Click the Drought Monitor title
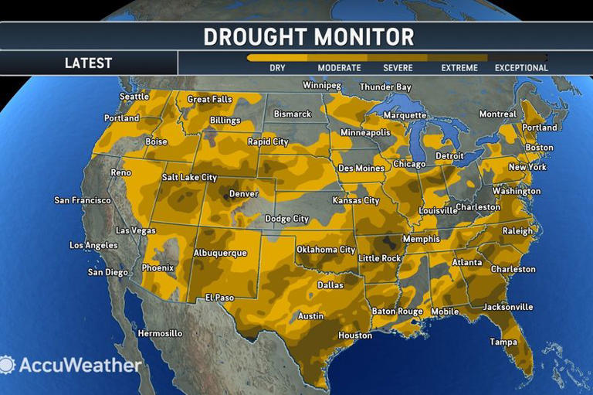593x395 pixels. click(x=308, y=36)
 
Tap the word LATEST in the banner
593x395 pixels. click(x=88, y=63)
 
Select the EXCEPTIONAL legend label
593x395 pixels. click(x=521, y=68)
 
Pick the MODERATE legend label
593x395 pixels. click(x=339, y=68)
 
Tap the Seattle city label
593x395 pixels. click(x=134, y=97)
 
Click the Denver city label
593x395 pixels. click(x=243, y=194)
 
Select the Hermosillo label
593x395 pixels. click(x=160, y=333)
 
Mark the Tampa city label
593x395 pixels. click(x=503, y=342)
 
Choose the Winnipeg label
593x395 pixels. click(x=323, y=85)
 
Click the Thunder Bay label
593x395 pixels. click(x=385, y=87)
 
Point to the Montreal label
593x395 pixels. click(x=497, y=114)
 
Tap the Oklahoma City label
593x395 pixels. click(x=326, y=250)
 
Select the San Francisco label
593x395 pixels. click(x=83, y=200)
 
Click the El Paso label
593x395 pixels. click(x=220, y=298)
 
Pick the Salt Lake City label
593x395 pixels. click(x=189, y=178)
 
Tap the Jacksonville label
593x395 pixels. click(x=507, y=307)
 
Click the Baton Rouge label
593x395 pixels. click(x=397, y=312)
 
